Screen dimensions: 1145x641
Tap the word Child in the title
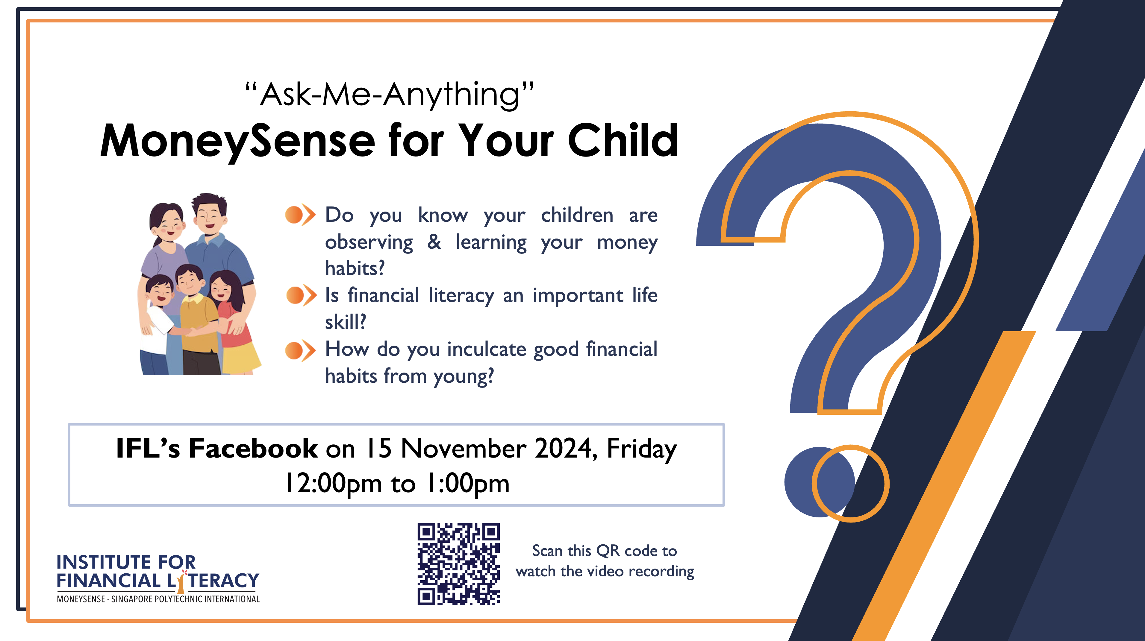(x=623, y=140)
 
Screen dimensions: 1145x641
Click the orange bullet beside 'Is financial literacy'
(x=301, y=295)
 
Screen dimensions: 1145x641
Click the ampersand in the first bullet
(x=434, y=242)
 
